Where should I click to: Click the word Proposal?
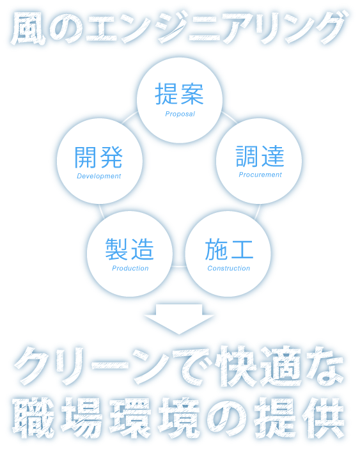pyautogui.click(x=180, y=114)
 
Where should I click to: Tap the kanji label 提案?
pyautogui.click(x=180, y=94)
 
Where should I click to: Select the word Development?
pyautogui.click(x=99, y=176)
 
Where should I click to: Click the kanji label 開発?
pyautogui.click(x=98, y=157)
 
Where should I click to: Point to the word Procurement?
pyautogui.click(x=260, y=175)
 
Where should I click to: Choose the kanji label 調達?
pyautogui.click(x=260, y=156)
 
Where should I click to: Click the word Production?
pyautogui.click(x=130, y=268)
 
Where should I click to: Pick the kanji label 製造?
pyautogui.click(x=130, y=249)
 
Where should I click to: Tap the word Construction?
pyautogui.click(x=229, y=268)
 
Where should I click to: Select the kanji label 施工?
pyautogui.click(x=229, y=249)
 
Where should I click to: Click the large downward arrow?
pyautogui.click(x=179, y=319)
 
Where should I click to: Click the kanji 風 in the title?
pyautogui.click(x=29, y=29)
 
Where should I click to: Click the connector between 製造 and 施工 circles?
pyautogui.click(x=179, y=267)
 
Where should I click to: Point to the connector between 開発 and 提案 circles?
pyautogui.click(x=130, y=116)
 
